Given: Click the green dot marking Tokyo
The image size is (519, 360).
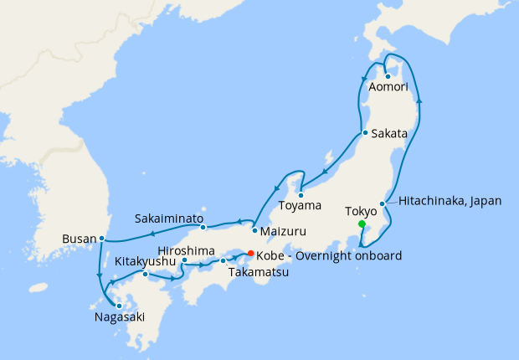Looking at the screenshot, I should click(x=362, y=224).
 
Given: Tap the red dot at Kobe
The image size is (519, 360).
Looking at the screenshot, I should click(x=250, y=254).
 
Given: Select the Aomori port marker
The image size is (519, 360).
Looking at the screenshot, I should click(x=388, y=76).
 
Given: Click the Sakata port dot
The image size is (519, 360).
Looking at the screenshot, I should click(x=365, y=133).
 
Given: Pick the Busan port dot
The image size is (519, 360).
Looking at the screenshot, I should click(x=101, y=239).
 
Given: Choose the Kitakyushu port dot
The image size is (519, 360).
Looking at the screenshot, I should click(x=146, y=274).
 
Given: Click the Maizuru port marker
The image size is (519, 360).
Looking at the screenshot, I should click(x=254, y=230).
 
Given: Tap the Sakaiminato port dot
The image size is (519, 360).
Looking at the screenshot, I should click(x=203, y=227).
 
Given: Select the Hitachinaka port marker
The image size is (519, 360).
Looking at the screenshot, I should click(x=382, y=203).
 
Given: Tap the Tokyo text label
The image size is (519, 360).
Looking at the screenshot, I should click(x=362, y=212).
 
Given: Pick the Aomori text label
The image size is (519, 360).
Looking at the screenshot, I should click(x=388, y=87).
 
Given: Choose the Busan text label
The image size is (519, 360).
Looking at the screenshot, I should click(x=79, y=239).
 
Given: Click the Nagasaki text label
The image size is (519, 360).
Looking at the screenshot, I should click(x=120, y=317).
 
